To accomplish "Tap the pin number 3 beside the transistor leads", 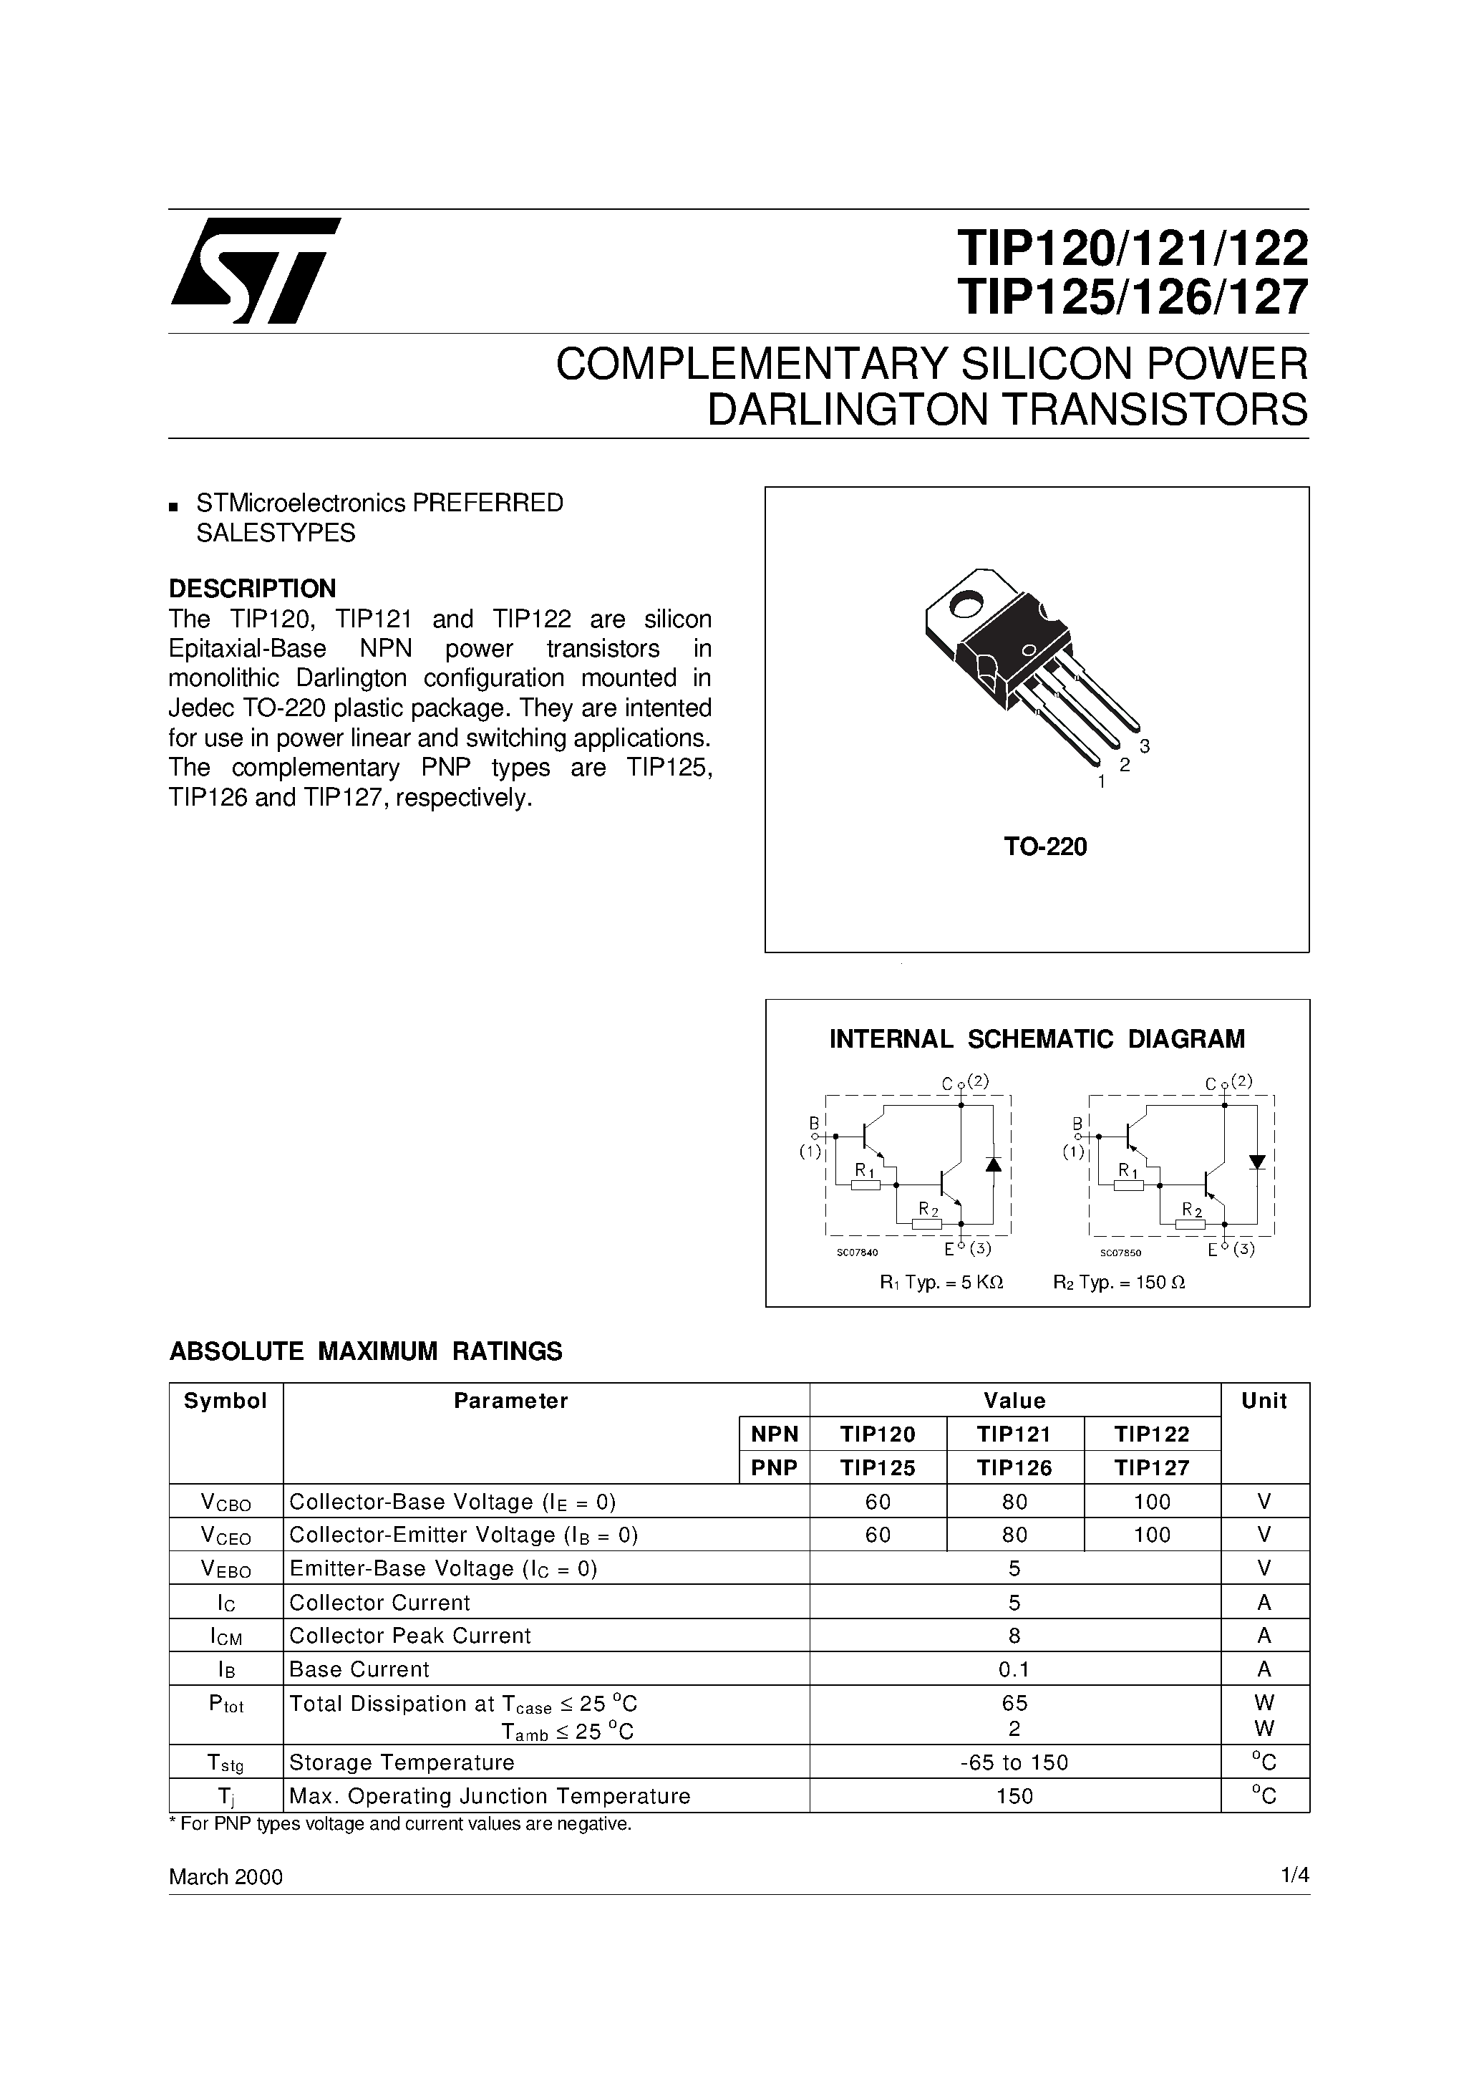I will (1145, 746).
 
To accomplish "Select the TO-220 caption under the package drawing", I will (1045, 847).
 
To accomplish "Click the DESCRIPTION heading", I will (253, 588).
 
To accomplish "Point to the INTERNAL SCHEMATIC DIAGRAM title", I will (1037, 1039).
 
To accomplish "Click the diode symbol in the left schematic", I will (993, 1164).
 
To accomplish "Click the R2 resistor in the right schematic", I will (1190, 1224).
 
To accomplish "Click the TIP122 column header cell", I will (1152, 1434).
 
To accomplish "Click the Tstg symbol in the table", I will (226, 1762).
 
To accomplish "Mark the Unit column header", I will (1264, 1401).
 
